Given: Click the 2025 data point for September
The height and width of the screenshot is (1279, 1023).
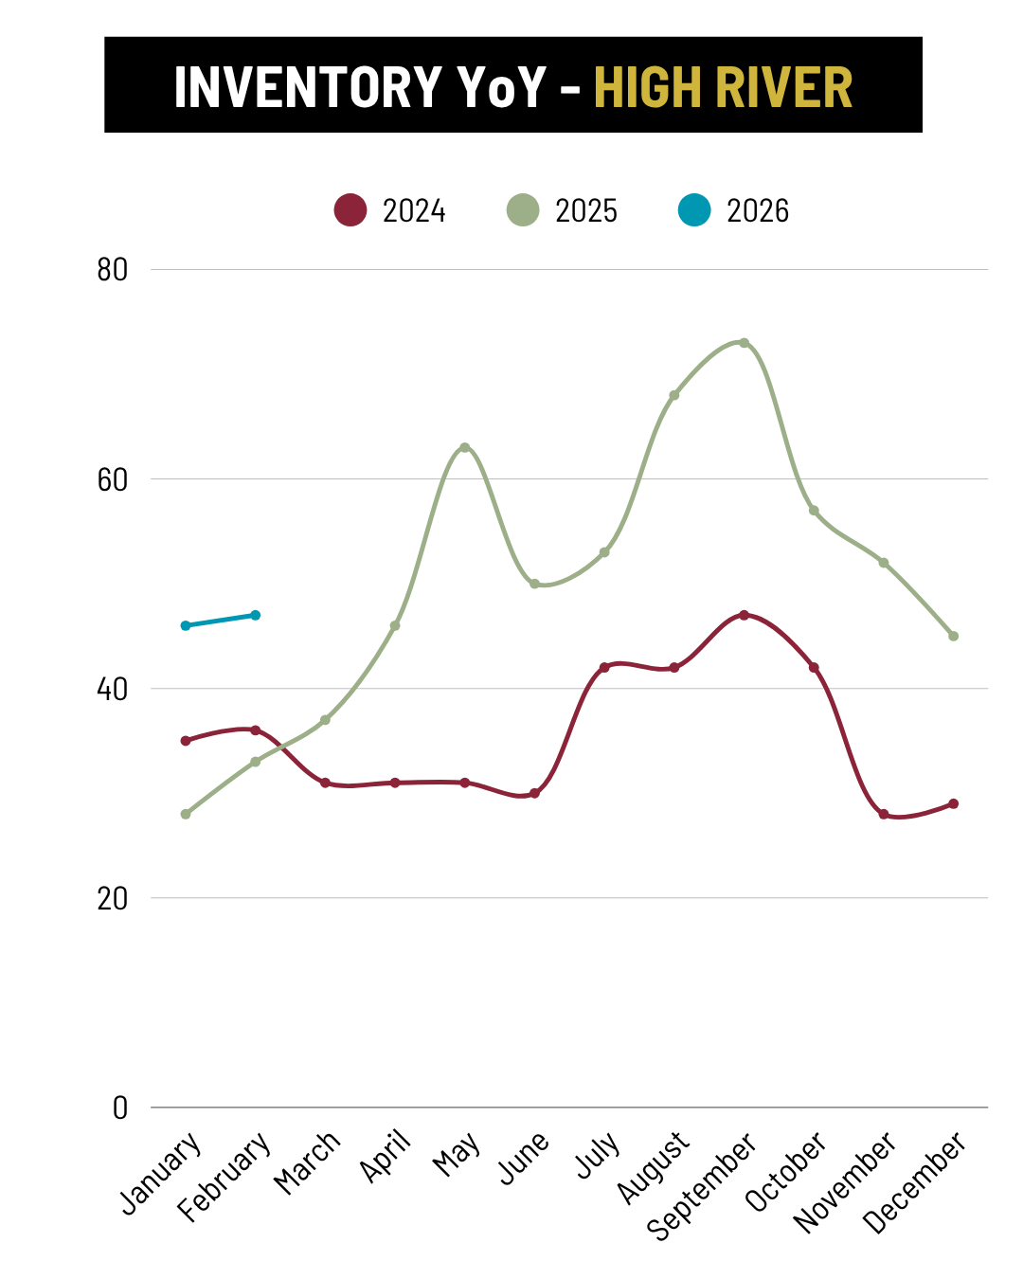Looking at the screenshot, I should tap(744, 343).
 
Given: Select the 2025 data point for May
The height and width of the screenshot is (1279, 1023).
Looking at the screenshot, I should tap(464, 447).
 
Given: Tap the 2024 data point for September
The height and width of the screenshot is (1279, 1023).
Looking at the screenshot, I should tap(744, 615).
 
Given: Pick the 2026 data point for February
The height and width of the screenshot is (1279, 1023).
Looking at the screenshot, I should tap(256, 615).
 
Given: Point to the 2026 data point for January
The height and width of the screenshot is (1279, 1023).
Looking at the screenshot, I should tap(186, 625).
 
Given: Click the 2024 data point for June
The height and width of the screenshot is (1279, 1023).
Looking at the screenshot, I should tap(534, 793).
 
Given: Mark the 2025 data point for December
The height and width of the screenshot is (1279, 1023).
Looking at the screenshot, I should tap(954, 636).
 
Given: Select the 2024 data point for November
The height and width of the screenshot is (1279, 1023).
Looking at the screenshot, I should tap(884, 814).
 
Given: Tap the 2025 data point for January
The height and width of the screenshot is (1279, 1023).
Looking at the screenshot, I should tap(186, 814).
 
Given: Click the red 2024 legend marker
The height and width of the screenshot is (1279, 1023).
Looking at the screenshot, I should tap(350, 209).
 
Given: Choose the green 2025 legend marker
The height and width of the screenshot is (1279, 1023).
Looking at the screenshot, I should tap(523, 209).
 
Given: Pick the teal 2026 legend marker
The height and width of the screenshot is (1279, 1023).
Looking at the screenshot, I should tap(694, 209).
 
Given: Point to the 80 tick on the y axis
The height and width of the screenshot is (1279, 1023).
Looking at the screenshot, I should tap(112, 270).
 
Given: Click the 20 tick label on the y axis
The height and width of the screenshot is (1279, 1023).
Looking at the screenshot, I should tap(112, 898).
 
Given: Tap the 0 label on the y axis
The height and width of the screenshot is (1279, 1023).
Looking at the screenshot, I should tap(119, 1108).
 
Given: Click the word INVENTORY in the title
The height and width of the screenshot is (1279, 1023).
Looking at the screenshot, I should tap(308, 86).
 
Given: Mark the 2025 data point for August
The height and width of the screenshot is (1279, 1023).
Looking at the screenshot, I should tap(674, 395).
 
